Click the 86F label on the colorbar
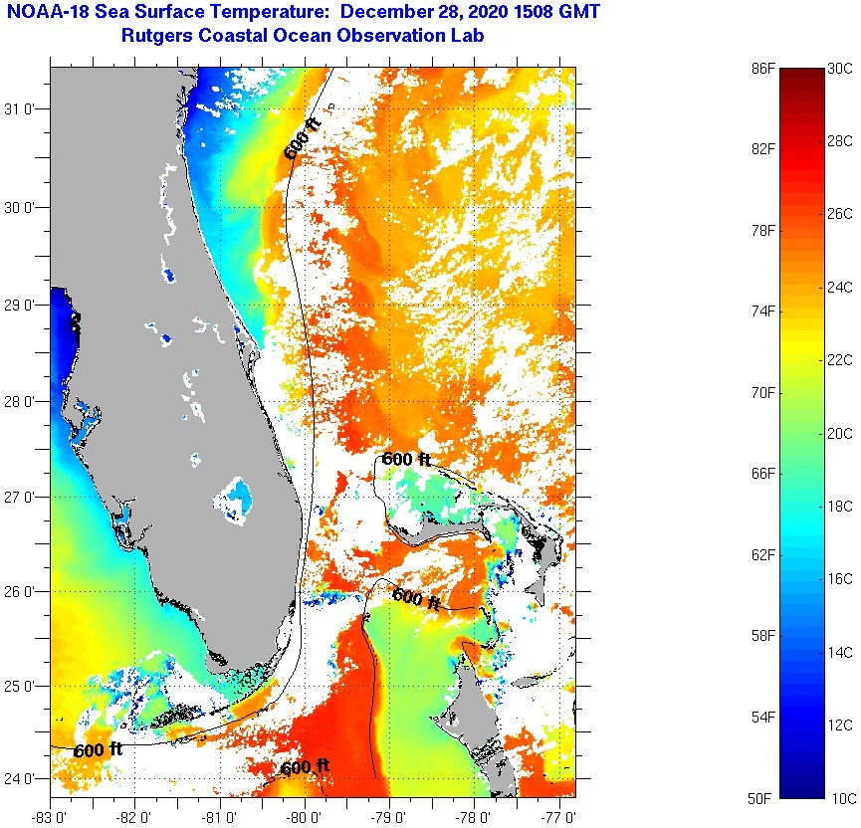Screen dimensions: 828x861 click(764, 68)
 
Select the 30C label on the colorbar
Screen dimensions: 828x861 click(840, 68)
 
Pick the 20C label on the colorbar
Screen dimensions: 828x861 click(840, 433)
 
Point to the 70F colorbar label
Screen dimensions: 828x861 click(764, 392)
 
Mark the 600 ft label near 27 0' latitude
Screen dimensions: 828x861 click(407, 459)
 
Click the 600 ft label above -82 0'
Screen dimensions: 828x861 click(98, 749)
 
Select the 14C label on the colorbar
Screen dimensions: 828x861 click(840, 652)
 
